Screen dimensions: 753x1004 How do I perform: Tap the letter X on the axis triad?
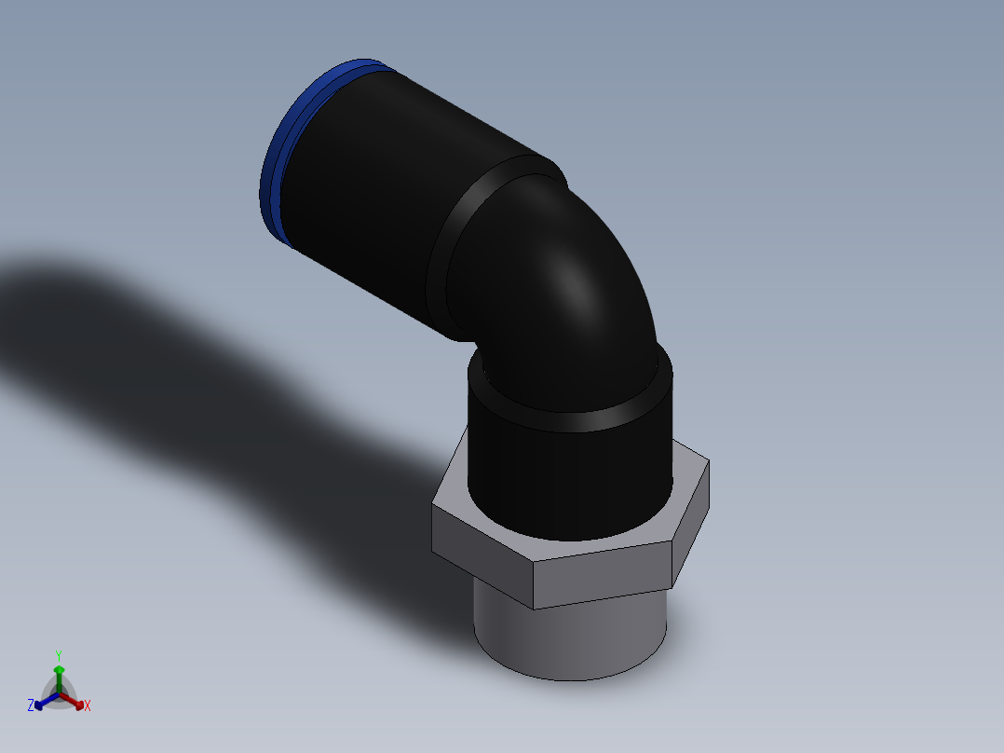pos(88,706)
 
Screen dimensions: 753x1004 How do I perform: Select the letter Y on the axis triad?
pos(58,655)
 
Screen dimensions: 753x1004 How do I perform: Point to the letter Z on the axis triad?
pos(31,706)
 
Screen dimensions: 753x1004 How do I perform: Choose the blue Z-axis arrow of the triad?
pos(42,702)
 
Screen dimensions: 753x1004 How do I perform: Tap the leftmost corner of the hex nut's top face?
pos(433,507)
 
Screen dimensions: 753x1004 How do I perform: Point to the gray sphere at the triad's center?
pos(59,695)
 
